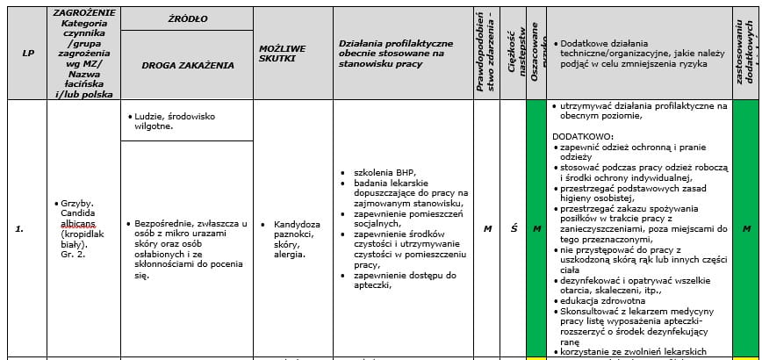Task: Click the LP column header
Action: pos(28,53)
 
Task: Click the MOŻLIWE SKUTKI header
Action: pos(282,53)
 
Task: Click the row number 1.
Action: pos(20,229)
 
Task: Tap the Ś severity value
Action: pos(514,229)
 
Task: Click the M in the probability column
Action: pos(486,229)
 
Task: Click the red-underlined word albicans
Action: pos(77,223)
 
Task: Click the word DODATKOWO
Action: pos(583,137)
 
